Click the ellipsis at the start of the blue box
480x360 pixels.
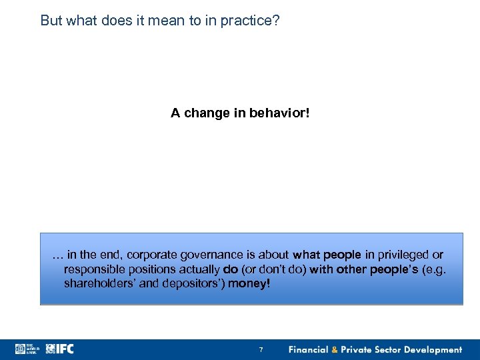click(56, 255)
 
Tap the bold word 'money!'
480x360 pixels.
click(249, 284)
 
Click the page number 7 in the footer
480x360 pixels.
click(261, 350)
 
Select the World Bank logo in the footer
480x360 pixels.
click(28, 349)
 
